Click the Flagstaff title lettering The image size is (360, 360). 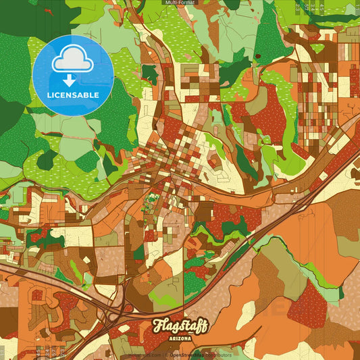click(180, 326)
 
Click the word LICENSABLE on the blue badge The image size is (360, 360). click(73, 94)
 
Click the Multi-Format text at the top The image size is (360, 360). click(180, 3)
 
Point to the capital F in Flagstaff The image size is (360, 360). click(157, 324)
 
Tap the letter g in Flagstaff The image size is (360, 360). click(175, 328)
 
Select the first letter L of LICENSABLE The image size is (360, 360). click(49, 94)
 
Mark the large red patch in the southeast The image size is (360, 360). click(308, 304)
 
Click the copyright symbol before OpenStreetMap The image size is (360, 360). click(166, 354)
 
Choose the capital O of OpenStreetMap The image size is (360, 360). click(172, 354)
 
